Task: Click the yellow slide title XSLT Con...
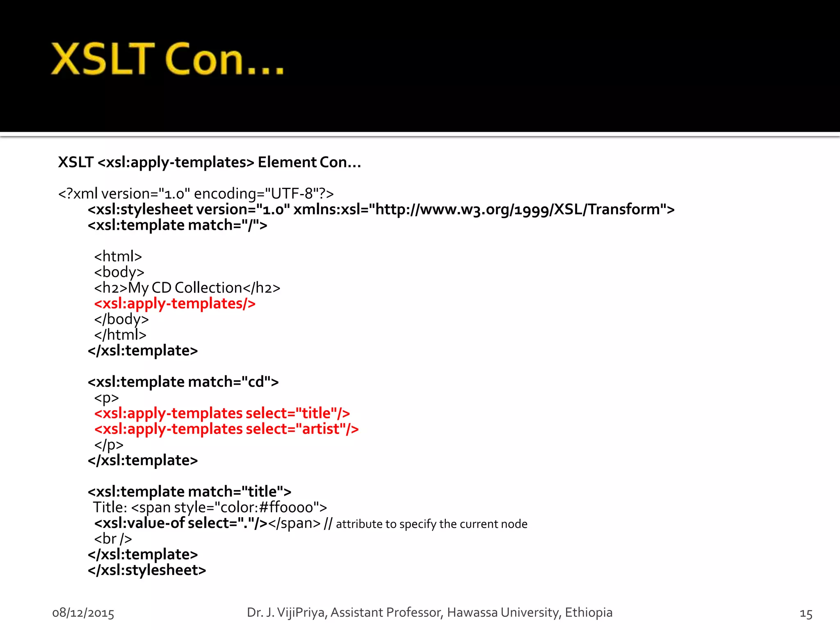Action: (x=167, y=60)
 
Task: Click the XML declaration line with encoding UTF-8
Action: (x=196, y=194)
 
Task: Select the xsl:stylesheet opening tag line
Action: (x=381, y=210)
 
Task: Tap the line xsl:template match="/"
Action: (x=177, y=225)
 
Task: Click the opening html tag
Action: (x=118, y=256)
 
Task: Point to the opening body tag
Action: (x=119, y=272)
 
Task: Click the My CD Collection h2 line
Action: (x=187, y=288)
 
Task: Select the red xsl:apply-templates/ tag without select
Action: (x=175, y=304)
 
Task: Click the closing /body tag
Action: (x=121, y=319)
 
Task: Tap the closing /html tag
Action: (x=120, y=335)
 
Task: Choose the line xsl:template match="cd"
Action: (x=183, y=382)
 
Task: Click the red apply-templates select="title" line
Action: (x=222, y=413)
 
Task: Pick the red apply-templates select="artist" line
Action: (x=226, y=429)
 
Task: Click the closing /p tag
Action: (x=109, y=445)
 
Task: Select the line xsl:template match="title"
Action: (x=189, y=491)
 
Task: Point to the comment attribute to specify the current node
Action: (x=431, y=524)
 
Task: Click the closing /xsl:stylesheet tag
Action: (x=147, y=570)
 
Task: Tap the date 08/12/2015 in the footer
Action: (x=83, y=613)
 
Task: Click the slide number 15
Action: (x=806, y=614)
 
